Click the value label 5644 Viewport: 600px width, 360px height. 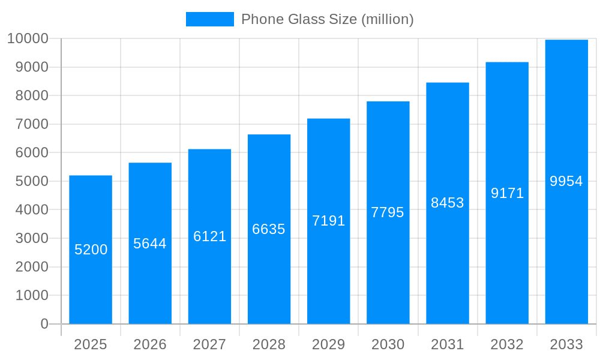150,244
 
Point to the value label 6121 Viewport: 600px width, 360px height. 209,236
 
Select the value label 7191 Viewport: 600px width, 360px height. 329,221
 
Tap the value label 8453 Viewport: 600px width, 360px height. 448,203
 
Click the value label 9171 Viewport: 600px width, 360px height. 507,193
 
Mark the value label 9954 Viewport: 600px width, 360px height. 566,181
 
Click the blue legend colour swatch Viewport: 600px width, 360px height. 209,19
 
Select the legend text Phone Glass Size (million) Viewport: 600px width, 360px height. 327,19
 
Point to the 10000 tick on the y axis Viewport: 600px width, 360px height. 28,39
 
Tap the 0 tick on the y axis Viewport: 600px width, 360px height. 44,324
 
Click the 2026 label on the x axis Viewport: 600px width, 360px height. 150,344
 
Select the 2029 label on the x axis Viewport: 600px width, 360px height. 329,344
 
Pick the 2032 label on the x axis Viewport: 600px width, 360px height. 507,344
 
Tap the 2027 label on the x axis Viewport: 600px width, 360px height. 209,344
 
